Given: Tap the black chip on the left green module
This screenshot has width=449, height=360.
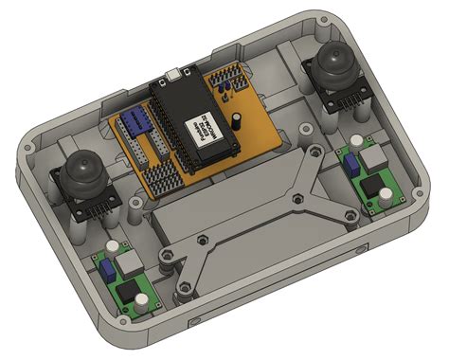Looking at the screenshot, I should [128, 286].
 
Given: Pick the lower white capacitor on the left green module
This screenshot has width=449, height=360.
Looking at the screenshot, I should [141, 301].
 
